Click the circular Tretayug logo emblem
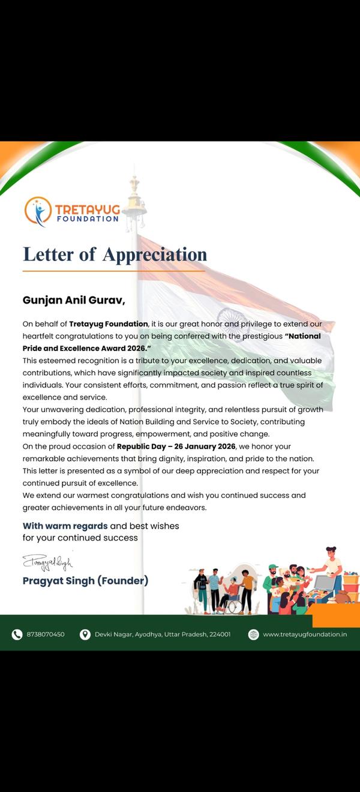[38, 211]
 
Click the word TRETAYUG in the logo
[87, 209]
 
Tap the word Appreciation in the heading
[154, 254]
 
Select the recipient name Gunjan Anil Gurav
[73, 299]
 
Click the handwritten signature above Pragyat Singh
[47, 563]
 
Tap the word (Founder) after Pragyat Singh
[122, 580]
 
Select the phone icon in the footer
[17, 634]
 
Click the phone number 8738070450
[46, 634]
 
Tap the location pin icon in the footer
[85, 634]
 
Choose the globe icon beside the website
[253, 634]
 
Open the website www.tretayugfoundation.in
[305, 634]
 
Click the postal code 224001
[220, 634]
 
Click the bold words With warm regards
[65, 526]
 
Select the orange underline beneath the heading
[114, 271]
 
